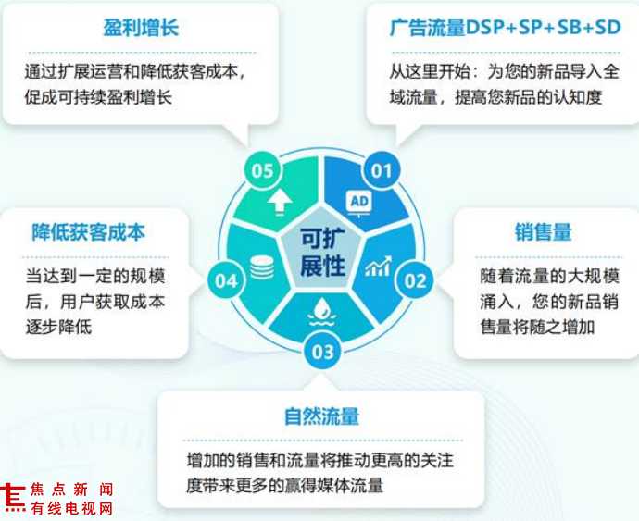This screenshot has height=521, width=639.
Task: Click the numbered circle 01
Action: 382,170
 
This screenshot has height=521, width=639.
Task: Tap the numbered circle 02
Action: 415,279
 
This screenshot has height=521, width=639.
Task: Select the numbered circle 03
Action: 322,351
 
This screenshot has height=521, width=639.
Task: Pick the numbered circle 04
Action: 226,280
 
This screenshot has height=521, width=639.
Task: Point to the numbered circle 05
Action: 263,170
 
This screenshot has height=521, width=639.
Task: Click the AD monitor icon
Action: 359,203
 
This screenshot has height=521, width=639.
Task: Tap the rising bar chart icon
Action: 378,267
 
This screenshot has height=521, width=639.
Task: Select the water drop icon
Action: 322,312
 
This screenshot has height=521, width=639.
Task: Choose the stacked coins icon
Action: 262,267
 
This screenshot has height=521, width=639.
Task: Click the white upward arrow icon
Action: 280,203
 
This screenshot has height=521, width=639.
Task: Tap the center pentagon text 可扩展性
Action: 323,252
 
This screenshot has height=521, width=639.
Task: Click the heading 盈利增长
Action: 141,28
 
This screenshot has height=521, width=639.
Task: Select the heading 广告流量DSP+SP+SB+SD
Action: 506,28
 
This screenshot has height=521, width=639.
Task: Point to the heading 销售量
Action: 544,232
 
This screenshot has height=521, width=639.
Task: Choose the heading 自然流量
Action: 322,416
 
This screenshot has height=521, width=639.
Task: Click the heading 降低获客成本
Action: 88,232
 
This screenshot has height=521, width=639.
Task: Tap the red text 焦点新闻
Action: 72,490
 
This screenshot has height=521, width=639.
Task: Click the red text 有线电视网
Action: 72,508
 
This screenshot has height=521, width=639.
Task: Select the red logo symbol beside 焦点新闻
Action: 12,498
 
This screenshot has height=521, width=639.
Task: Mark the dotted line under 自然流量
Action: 322,440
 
